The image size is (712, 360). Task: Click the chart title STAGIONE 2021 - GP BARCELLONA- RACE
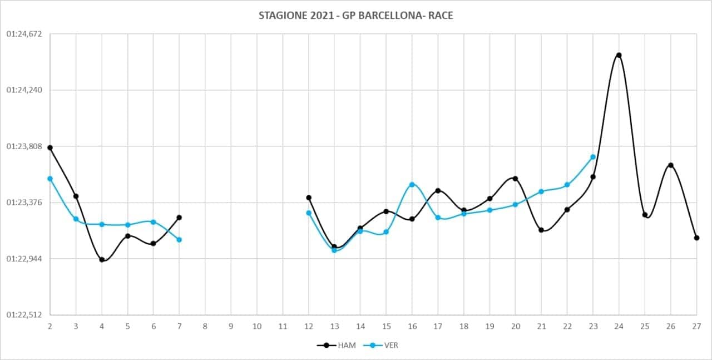tap(355, 16)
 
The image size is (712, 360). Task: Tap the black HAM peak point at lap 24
tap(619, 55)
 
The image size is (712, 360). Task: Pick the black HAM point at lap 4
tap(102, 259)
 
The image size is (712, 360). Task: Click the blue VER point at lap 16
tap(412, 184)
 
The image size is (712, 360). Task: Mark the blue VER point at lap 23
tap(593, 157)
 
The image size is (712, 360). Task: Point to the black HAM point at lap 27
tap(696, 238)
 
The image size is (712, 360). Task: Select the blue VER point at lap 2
tap(50, 179)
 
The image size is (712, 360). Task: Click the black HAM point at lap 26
tap(671, 165)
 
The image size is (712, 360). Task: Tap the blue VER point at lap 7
tap(179, 239)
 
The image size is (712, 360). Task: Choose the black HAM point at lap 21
tap(541, 230)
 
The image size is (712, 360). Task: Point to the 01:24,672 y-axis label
tap(24, 34)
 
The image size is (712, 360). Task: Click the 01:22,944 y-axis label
tap(24, 259)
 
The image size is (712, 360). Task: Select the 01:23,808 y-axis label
tap(24, 146)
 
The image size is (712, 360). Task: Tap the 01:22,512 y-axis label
tap(24, 315)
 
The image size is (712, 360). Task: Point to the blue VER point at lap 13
tap(334, 250)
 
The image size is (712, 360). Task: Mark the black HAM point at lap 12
tap(309, 198)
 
